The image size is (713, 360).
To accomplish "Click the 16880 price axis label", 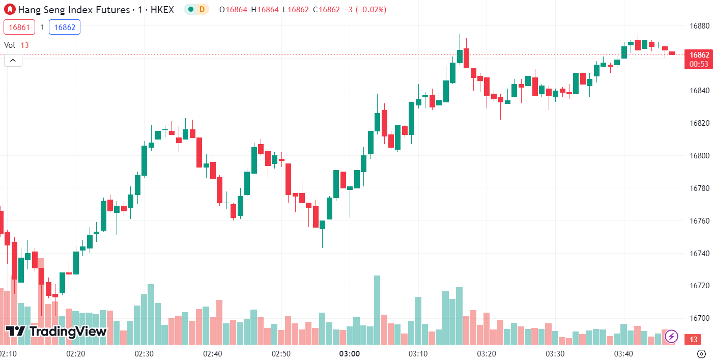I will [x=699, y=26].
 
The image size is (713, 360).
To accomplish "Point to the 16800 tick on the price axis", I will [x=699, y=156].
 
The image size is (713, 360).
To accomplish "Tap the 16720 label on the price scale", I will [x=699, y=286].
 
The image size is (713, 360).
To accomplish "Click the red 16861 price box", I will [x=19, y=27].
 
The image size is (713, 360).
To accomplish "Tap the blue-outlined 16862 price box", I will [x=65, y=27].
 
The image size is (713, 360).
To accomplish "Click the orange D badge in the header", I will [x=202, y=9].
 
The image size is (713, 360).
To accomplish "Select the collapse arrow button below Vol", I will [x=13, y=61].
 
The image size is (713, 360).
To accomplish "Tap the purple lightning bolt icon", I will [x=671, y=336].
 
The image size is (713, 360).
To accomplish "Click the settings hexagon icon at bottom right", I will [x=702, y=354].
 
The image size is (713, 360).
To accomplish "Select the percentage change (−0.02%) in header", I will [x=372, y=9].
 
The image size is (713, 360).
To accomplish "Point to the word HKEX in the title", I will [x=162, y=9].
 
